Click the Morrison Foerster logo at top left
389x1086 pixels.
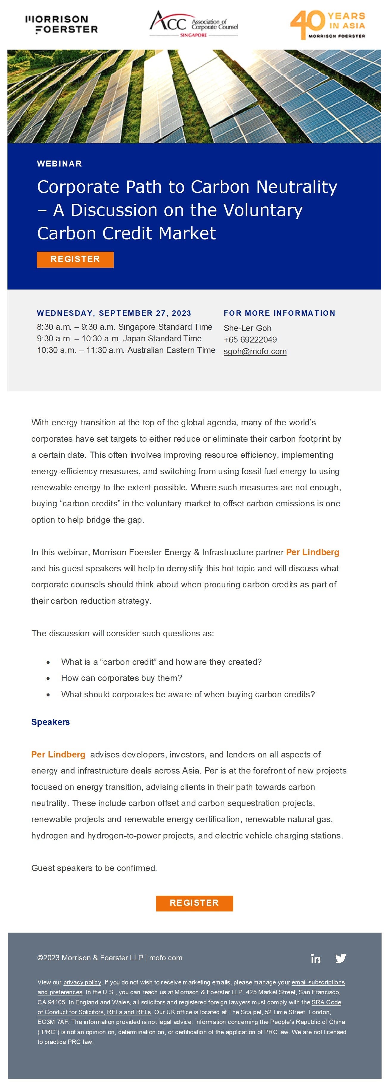[x=62, y=24]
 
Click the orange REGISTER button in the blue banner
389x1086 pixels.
[x=75, y=259]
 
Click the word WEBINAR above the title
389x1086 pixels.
[x=60, y=164]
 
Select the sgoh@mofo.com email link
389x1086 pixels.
[x=255, y=351]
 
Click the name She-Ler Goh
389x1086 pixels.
[x=248, y=328]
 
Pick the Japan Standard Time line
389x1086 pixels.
[x=119, y=339]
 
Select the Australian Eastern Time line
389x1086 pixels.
[x=126, y=350]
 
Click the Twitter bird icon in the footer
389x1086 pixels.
[x=340, y=958]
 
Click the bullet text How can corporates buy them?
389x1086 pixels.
[x=122, y=678]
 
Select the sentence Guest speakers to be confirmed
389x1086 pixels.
[x=94, y=868]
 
